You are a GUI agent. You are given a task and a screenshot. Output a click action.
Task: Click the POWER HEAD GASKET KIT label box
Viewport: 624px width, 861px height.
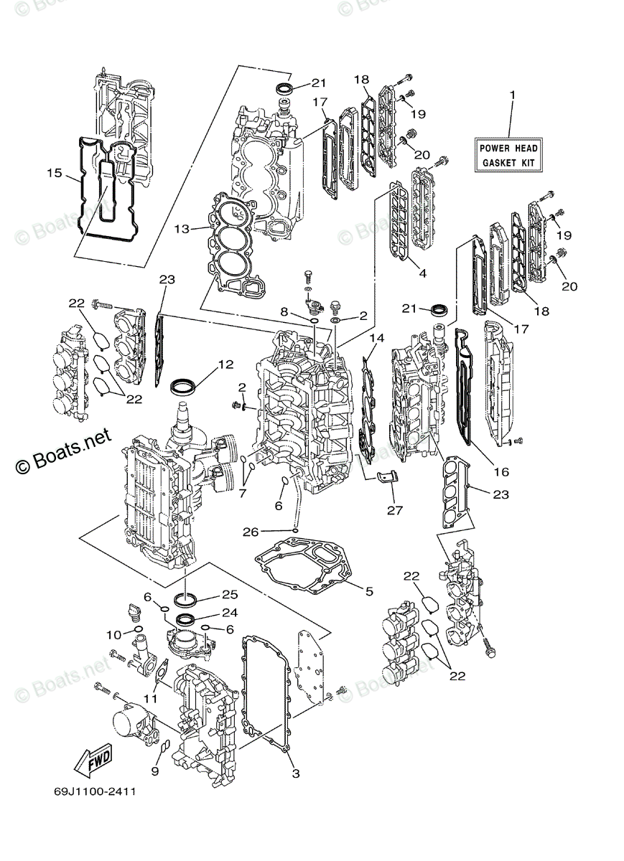(508, 155)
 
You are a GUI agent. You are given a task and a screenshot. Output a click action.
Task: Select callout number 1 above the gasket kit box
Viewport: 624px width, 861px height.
(512, 95)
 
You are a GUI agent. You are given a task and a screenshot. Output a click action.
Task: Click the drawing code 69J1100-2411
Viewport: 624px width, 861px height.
(95, 792)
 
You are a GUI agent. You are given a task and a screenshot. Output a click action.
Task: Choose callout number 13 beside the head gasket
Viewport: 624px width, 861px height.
(182, 229)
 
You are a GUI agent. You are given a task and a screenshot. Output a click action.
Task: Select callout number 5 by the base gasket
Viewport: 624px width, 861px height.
(369, 591)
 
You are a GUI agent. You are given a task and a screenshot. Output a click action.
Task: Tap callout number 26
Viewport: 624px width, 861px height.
(251, 532)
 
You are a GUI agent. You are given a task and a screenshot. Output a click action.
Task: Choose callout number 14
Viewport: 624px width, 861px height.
(377, 337)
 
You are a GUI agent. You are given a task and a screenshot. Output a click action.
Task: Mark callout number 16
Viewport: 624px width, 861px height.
(500, 471)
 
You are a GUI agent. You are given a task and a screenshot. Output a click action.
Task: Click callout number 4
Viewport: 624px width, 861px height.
(422, 273)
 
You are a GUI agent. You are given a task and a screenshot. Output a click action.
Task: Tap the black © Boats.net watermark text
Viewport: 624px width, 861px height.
(63, 451)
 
